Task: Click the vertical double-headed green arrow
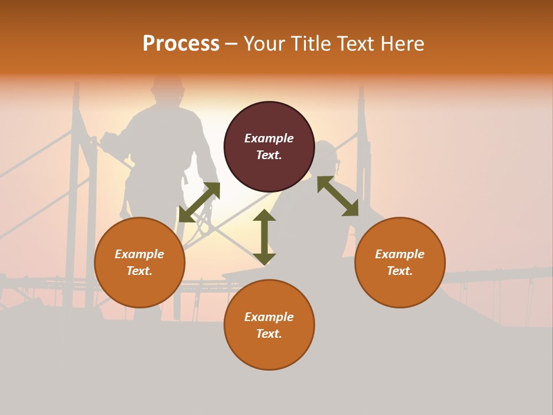click(264, 237)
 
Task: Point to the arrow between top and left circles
click(199, 202)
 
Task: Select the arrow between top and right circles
click(338, 196)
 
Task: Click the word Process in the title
click(181, 44)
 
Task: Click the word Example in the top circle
click(269, 138)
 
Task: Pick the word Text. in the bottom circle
click(269, 334)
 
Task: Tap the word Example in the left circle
click(139, 254)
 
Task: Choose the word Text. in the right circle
click(400, 271)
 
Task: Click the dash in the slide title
click(232, 44)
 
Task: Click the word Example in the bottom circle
click(269, 317)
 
